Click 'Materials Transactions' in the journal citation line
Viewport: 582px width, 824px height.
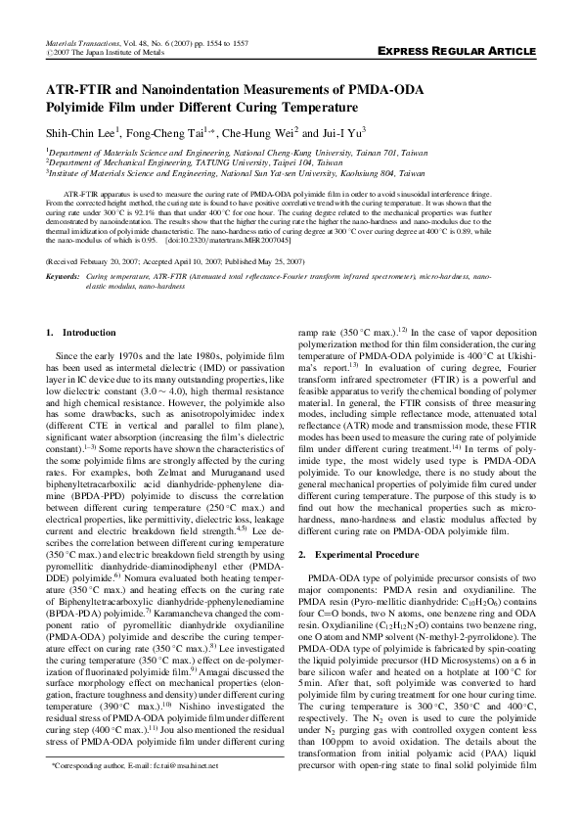point(81,43)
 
